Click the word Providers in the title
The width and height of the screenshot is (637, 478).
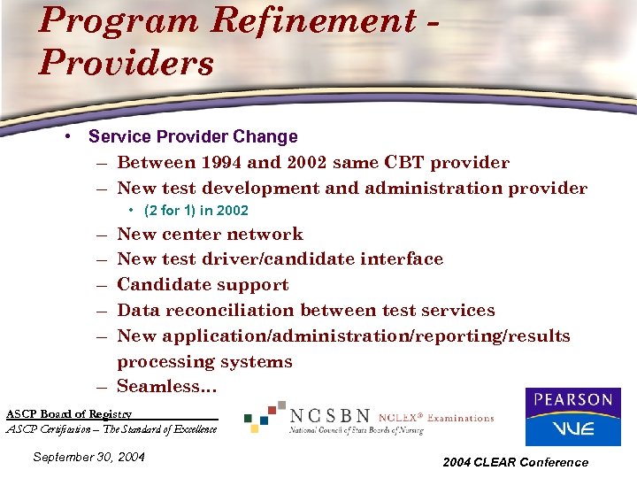[126, 63]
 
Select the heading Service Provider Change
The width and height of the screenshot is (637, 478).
[193, 136]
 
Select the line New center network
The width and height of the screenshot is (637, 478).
[210, 235]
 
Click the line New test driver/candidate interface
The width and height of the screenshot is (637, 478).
[280, 259]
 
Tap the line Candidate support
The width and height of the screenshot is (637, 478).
[203, 285]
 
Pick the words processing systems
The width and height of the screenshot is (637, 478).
[204, 362]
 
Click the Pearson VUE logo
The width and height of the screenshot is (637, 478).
[572, 416]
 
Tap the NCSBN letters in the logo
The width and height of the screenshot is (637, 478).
[332, 415]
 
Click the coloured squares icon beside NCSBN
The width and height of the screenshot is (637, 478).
[265, 416]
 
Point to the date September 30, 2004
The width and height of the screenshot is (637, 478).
[88, 457]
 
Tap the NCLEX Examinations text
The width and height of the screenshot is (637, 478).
[436, 417]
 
